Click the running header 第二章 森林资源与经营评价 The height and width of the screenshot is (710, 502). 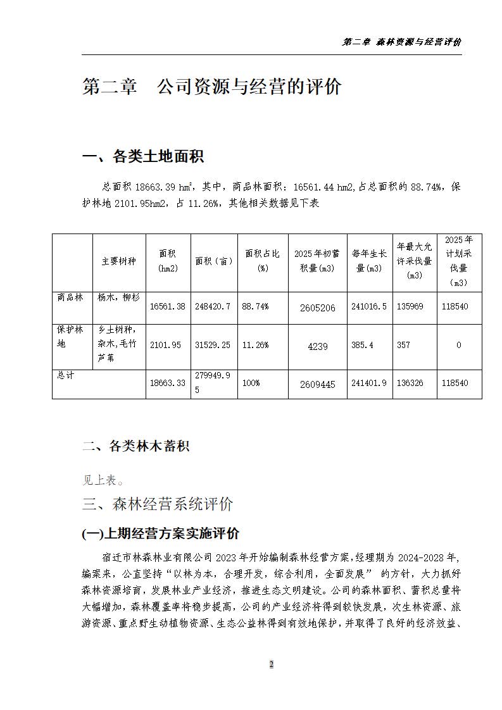point(401,42)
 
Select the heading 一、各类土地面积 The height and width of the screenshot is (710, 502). point(143,156)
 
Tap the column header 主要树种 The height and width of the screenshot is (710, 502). point(119,261)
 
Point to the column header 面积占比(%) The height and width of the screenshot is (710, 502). point(262,261)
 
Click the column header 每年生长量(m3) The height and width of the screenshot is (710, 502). point(370,261)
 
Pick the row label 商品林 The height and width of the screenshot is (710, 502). point(70,296)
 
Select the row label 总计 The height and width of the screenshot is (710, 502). point(66,375)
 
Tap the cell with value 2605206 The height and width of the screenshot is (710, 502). point(317,308)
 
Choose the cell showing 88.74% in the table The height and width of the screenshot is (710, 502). point(255,306)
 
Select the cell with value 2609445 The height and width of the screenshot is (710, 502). point(317,384)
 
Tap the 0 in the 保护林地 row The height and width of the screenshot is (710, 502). point(458,345)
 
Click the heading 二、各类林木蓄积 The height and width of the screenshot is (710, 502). point(135,446)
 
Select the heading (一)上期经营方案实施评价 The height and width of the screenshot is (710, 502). point(161,533)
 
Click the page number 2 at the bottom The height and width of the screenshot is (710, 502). point(272,664)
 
